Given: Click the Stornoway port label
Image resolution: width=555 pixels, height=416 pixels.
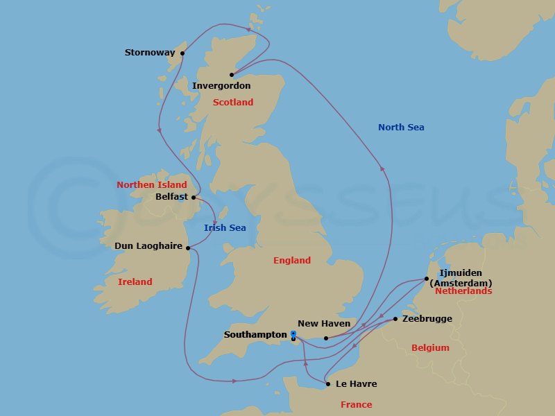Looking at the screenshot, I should coord(150,53).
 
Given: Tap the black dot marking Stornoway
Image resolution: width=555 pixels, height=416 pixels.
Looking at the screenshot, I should coord(182,53).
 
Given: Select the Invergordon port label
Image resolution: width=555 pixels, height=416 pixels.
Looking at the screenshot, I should coord(221,86).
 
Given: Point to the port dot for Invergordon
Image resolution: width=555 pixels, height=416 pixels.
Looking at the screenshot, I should coord(232,75).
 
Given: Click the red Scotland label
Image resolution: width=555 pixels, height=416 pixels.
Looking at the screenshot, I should coord(233,103).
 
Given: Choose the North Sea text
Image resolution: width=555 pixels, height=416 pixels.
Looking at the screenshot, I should coord(401,128).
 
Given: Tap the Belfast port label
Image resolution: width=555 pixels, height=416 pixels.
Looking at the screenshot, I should coord(173,197).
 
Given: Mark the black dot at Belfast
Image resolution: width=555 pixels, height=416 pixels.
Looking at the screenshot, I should coord(194,197).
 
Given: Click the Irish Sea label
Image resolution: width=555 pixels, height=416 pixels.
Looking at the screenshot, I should coord(225,228).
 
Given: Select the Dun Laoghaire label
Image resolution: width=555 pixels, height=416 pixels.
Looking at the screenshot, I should coord(148,246).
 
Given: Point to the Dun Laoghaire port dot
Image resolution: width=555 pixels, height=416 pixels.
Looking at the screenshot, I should coord(189,246).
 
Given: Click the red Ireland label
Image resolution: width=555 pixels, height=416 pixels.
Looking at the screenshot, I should coord(135,282).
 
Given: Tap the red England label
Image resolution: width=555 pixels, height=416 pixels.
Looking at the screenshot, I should coord(292,261).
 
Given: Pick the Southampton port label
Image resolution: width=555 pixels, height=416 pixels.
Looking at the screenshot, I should coord(255,335).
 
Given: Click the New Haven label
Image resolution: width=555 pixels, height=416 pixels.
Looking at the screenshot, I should coord(324,324).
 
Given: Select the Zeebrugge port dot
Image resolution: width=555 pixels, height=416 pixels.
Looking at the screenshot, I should coord(395,319).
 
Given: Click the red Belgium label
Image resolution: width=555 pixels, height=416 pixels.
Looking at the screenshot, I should coord(430,348).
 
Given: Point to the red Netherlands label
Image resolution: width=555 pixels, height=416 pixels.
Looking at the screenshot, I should coord(463,291).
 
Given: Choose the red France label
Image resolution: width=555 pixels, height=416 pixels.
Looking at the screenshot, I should coord(357,405).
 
